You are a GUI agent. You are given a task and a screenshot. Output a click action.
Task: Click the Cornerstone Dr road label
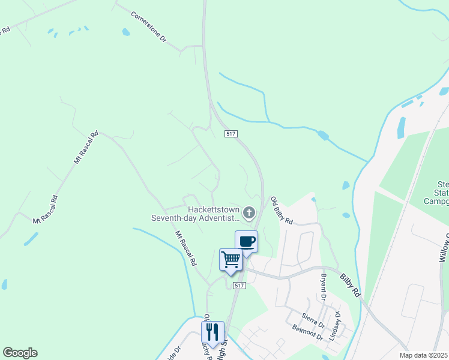(148, 26)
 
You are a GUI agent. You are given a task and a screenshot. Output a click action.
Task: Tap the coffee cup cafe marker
(246, 241)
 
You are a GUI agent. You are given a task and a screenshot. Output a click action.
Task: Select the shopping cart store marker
(231, 260)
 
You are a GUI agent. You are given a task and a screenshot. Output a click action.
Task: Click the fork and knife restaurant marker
(212, 332)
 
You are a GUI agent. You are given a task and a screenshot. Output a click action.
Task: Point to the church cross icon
(249, 212)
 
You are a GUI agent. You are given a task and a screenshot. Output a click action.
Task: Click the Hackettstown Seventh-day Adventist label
(195, 213)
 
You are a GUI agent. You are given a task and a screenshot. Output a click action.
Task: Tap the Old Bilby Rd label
(280, 211)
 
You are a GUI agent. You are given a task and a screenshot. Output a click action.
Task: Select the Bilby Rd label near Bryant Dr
(349, 284)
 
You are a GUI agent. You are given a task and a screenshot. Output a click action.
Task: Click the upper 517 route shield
(230, 133)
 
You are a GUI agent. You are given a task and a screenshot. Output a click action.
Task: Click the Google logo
(20, 352)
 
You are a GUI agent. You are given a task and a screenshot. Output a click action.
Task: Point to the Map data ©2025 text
(423, 355)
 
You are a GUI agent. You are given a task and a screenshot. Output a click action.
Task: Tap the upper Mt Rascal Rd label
(85, 148)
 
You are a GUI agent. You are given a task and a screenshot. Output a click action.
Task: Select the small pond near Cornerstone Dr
(125, 32)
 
